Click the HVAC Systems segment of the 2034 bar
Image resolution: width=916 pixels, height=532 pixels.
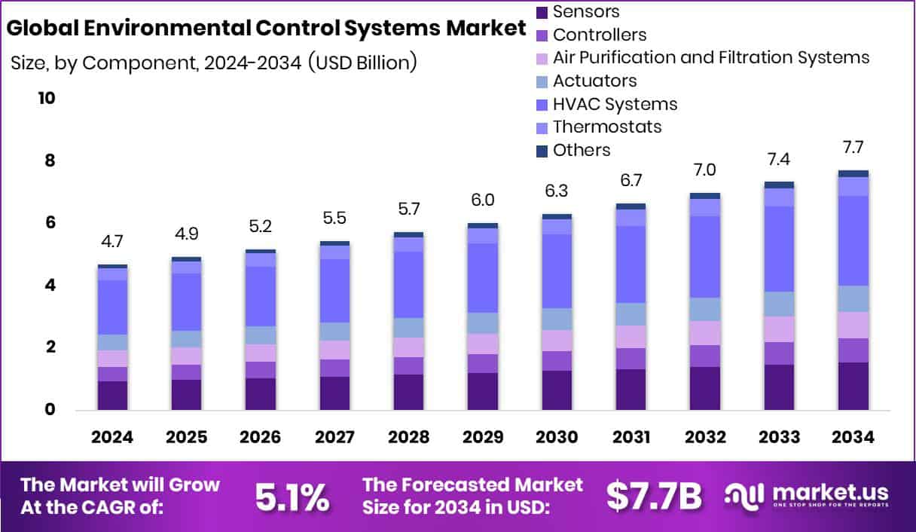(x=853, y=240)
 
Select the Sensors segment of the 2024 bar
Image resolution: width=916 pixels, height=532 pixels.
(x=112, y=395)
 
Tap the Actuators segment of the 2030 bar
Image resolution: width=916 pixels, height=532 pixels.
(x=557, y=319)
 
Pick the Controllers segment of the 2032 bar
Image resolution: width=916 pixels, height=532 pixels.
(x=705, y=356)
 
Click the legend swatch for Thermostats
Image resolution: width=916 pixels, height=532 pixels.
(x=542, y=127)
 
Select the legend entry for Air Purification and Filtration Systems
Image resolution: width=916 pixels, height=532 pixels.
(x=710, y=57)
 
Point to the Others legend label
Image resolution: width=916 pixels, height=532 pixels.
(x=582, y=150)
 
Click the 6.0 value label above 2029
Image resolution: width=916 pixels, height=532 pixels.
(x=483, y=200)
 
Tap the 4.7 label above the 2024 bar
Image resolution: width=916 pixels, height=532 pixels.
(x=112, y=242)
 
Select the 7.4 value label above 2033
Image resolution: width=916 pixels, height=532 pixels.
(x=779, y=159)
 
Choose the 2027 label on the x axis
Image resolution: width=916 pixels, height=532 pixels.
(x=334, y=438)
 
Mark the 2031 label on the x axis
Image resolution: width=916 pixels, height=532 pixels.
(x=631, y=438)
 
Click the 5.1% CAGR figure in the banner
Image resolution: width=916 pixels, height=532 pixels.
(x=291, y=497)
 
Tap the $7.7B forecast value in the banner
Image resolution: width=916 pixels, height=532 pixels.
(x=654, y=497)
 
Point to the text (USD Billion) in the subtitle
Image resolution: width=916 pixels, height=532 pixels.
(x=362, y=63)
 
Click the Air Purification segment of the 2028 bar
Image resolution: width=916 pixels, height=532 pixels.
(x=408, y=347)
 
